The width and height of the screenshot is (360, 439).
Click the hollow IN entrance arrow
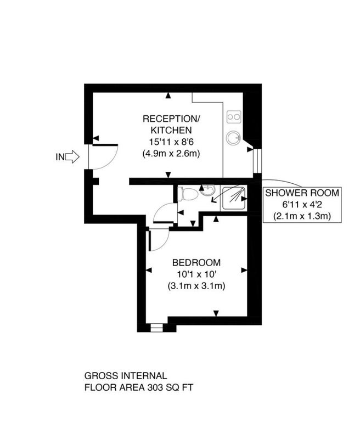72,156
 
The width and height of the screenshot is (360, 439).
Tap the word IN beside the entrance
60,157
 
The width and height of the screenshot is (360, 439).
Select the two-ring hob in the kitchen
234,116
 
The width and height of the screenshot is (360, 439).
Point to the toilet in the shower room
188,194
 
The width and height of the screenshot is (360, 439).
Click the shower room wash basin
208,190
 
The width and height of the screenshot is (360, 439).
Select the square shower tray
234,198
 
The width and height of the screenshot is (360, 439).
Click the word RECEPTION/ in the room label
171,119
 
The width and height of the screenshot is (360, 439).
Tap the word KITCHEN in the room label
171,130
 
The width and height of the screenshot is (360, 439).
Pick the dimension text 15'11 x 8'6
171,142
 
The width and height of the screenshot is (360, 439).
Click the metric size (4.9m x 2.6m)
171,154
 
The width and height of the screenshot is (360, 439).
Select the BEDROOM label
196,263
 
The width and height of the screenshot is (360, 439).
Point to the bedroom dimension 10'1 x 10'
196,274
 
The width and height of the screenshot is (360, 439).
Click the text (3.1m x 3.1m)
196,286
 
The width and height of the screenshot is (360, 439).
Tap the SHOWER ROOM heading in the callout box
302,193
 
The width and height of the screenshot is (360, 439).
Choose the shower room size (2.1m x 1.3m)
302,216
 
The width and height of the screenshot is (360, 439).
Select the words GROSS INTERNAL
126,376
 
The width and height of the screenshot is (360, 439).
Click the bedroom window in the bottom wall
156,328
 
